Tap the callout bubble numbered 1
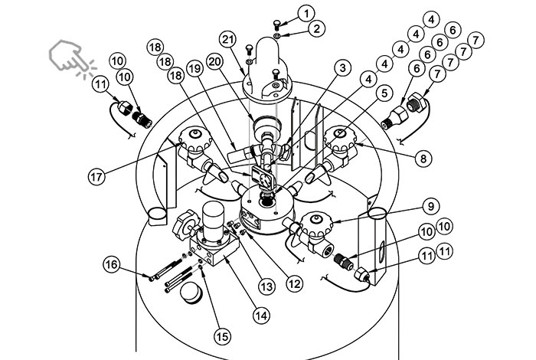[306, 14]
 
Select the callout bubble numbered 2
[316, 29]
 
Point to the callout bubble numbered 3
[342, 68]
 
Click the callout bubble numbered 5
[384, 93]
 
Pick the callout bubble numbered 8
[423, 159]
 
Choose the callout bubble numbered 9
[430, 207]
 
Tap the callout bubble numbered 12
[294, 283]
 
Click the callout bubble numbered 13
[266, 286]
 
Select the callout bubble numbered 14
[262, 316]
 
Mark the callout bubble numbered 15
[223, 337]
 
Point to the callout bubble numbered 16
[112, 264]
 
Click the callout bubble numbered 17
[96, 177]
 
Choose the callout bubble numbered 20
[215, 62]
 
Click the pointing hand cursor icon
[72, 57]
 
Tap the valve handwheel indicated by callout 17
[194, 139]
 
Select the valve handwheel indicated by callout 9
[315, 224]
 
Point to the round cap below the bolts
[191, 293]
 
